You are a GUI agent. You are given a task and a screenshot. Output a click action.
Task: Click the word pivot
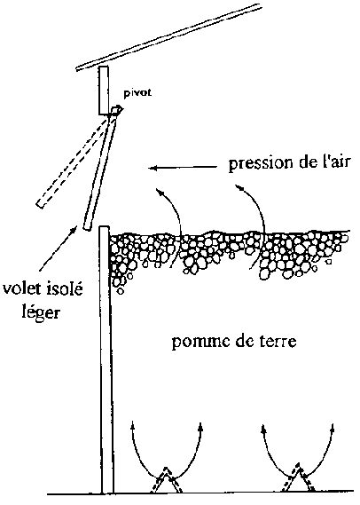[137, 93]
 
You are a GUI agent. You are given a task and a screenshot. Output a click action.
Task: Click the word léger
[41, 312]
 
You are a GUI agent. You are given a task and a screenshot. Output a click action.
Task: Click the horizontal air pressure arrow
[183, 168]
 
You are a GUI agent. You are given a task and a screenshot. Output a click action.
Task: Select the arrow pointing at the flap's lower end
[59, 248]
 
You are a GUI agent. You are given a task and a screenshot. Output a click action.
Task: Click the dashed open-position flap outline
[74, 162]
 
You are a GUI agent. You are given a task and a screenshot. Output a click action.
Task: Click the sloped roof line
[168, 36]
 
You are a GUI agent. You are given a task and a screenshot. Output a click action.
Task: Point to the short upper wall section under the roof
[103, 91]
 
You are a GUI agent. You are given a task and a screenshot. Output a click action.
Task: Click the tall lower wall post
[106, 359]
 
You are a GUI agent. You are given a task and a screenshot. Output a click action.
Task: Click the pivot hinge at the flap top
[116, 111]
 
